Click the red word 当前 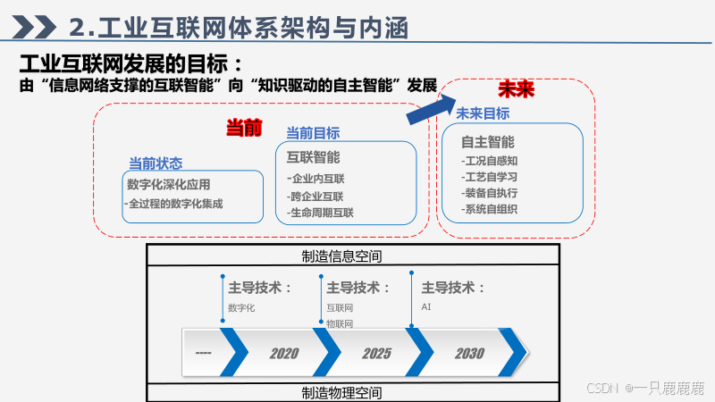tap(244, 128)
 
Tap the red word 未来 tap(516, 90)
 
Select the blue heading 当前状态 tap(156, 163)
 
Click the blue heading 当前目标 tap(313, 133)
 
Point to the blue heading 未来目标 tap(483, 113)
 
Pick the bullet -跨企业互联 tap(316, 196)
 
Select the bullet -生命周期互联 tap(322, 213)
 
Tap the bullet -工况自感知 tap(490, 162)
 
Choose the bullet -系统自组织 tap(490, 209)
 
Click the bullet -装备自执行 tap(490, 193)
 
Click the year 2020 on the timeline tap(284, 354)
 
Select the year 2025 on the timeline tap(377, 354)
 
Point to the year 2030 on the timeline tap(469, 354)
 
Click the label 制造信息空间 tap(342, 256)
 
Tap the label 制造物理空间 tap(342, 393)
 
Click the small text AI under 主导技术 tap(426, 306)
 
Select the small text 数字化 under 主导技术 tap(241, 307)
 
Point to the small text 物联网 tap(340, 323)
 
